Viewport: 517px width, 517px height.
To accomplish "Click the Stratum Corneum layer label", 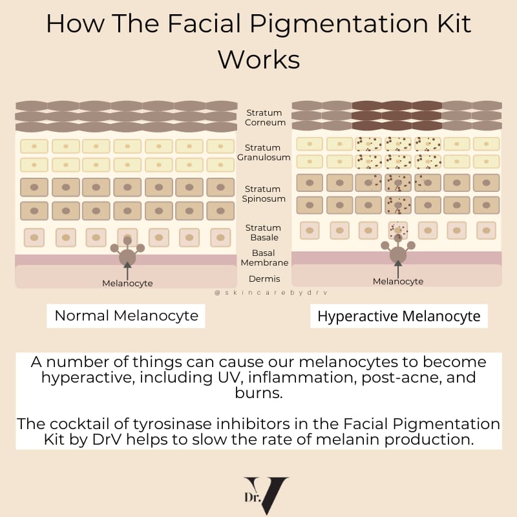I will pyautogui.click(x=264, y=118).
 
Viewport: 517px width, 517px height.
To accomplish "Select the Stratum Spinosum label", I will pyautogui.click(x=264, y=194).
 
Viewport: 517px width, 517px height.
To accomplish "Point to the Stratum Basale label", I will pyautogui.click(x=263, y=233).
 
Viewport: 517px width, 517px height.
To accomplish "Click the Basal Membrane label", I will pyautogui.click(x=264, y=258).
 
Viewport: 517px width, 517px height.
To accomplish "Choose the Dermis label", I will pyautogui.click(x=264, y=279).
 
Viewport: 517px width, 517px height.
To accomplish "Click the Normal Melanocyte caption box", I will pyautogui.click(x=126, y=316).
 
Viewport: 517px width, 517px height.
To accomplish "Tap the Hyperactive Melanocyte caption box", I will pyautogui.click(x=399, y=316).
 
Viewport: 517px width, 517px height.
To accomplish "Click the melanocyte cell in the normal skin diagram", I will pyautogui.click(x=127, y=257).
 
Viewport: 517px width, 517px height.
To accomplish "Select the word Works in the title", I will pyautogui.click(x=258, y=59).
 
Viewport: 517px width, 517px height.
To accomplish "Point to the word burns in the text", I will pyautogui.click(x=258, y=392).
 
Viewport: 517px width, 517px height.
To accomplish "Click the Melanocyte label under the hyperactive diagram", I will pyautogui.click(x=398, y=281).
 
